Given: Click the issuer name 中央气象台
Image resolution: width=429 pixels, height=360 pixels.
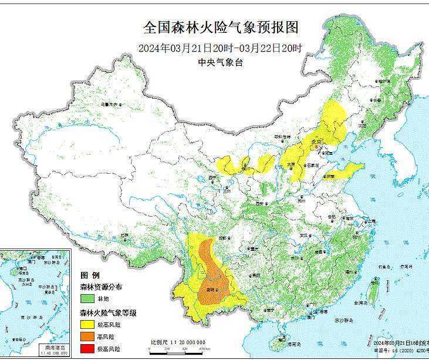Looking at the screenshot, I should [x=221, y=63].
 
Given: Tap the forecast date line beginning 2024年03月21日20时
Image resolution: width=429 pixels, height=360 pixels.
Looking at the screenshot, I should [x=221, y=48].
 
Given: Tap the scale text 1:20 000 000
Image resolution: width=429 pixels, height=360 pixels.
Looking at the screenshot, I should [x=188, y=341].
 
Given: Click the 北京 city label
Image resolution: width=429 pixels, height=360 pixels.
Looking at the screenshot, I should [x=317, y=141].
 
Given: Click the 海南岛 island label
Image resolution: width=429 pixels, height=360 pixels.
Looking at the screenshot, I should [x=282, y=339].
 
